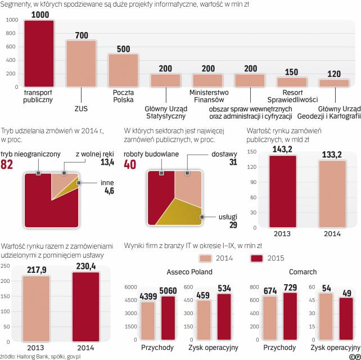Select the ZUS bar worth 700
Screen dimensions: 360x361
(81, 64)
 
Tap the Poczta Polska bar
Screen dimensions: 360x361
(123, 70)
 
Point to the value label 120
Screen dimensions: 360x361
(334, 74)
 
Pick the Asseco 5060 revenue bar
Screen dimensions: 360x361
(169, 318)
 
